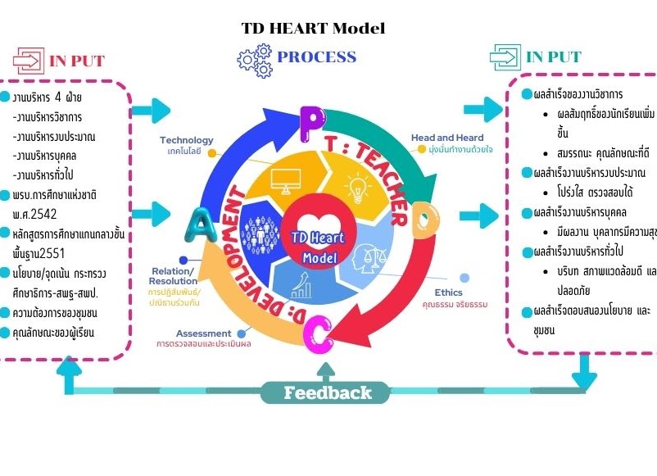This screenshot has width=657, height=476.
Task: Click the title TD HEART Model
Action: tap(313, 28)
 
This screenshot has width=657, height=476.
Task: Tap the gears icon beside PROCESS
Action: tap(254, 60)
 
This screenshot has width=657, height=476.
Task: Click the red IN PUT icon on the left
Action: tap(28, 60)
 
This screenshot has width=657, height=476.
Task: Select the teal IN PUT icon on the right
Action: tap(505, 57)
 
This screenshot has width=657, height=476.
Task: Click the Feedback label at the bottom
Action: tap(328, 393)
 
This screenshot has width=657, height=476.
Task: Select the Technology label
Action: tap(186, 140)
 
